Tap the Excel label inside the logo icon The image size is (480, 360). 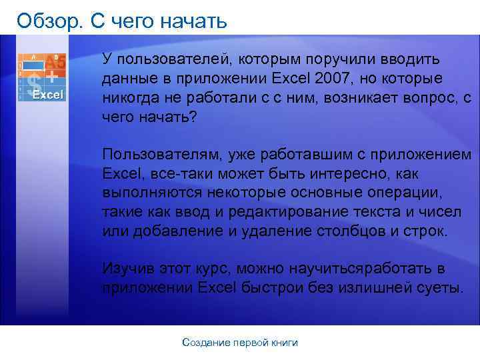(x=48, y=95)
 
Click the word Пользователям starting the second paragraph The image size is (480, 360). (x=163, y=155)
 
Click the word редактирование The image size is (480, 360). (x=291, y=212)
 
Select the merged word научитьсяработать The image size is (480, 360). (x=362, y=269)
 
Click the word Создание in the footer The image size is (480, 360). (x=205, y=343)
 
